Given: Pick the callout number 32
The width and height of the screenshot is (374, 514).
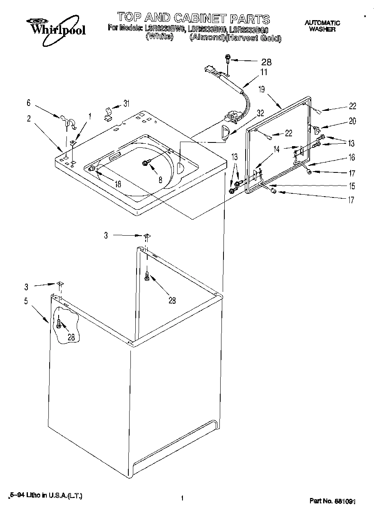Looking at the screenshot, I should (260, 113).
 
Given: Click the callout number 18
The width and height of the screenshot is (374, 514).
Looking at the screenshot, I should (118, 185).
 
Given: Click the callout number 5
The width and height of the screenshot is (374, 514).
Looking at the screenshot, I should (26, 301).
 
